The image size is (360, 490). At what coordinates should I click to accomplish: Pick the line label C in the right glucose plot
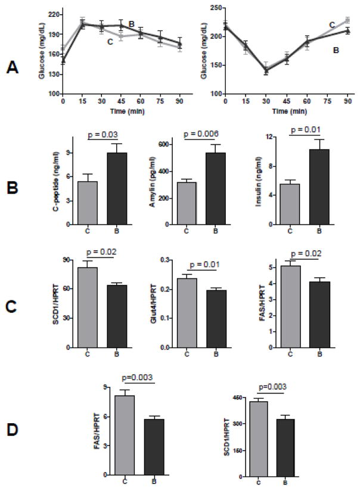[x=332, y=24]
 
